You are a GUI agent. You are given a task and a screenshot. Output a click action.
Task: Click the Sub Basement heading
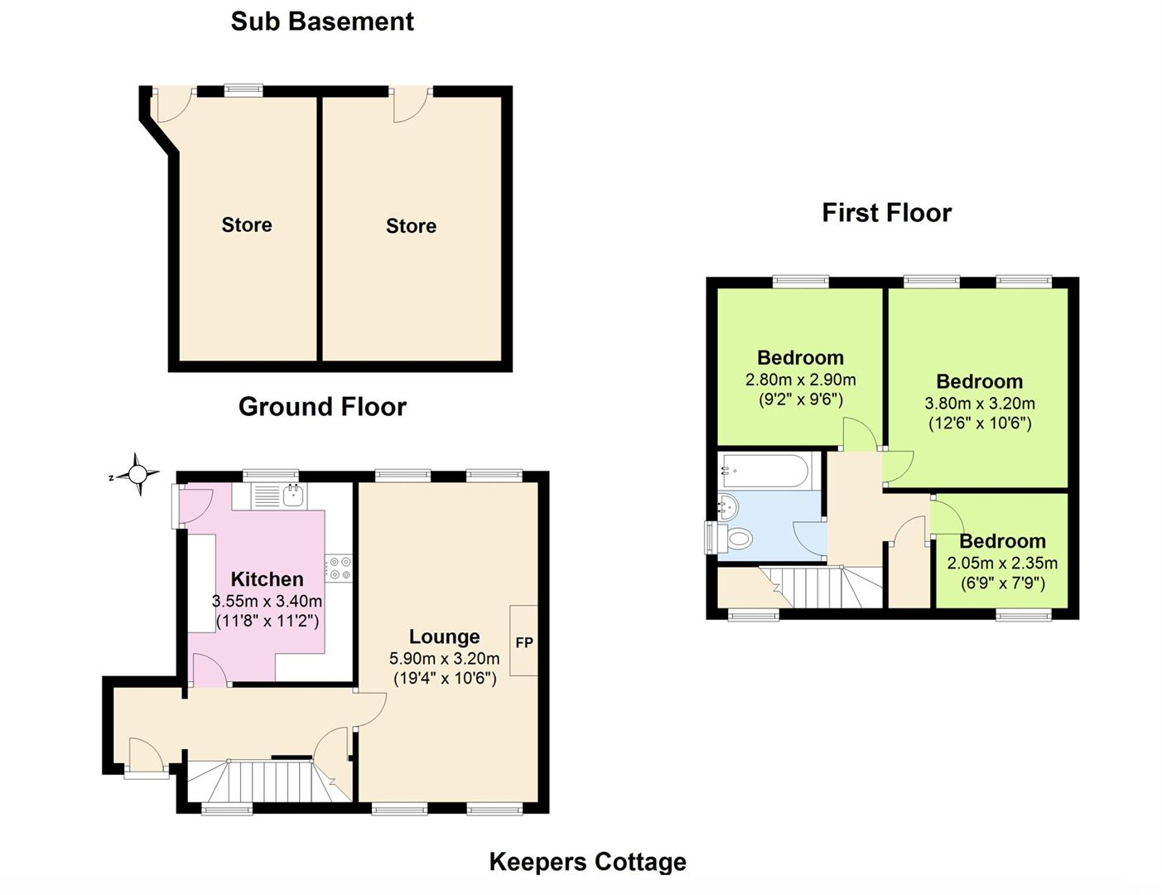click(322, 21)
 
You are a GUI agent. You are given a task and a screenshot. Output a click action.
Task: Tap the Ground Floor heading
click(322, 406)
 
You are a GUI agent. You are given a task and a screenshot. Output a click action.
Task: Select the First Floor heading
click(886, 213)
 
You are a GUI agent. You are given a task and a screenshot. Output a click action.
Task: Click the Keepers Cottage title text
click(587, 862)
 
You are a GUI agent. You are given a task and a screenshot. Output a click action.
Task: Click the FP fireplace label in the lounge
click(523, 642)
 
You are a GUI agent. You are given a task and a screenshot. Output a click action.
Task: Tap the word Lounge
click(444, 636)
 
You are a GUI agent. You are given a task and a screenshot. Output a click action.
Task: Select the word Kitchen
click(267, 578)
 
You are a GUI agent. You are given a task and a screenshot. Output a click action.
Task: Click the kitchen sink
click(293, 496)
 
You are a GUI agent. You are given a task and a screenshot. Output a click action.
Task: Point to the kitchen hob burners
click(339, 568)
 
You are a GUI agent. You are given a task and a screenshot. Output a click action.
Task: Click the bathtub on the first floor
click(764, 471)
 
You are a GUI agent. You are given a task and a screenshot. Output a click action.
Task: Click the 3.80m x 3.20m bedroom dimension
click(979, 404)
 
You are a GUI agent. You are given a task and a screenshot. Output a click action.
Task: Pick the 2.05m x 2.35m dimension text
click(1002, 563)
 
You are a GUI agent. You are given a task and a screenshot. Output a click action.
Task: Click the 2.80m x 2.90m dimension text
click(800, 380)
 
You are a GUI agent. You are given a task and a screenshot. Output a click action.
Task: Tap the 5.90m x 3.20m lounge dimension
click(444, 659)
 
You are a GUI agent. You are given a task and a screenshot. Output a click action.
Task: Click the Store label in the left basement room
click(246, 225)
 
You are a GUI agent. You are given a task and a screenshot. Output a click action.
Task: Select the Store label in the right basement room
click(411, 225)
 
